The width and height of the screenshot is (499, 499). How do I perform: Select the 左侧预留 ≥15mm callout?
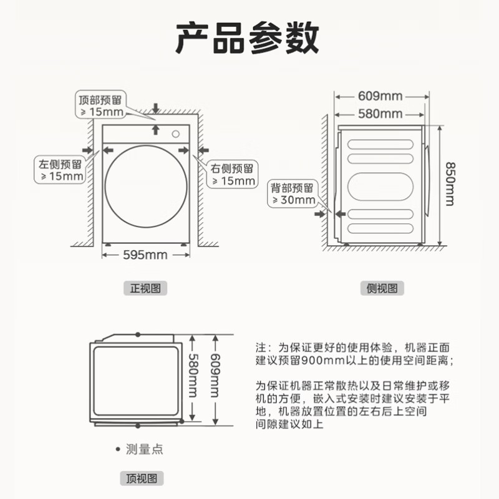coord(60,170)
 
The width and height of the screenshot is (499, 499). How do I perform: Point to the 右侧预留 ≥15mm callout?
coord(233,175)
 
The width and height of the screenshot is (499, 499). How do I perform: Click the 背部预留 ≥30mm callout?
coord(293,193)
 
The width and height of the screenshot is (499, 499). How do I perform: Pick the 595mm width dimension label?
coord(145,254)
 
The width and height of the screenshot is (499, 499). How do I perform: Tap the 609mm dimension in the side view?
coord(381,96)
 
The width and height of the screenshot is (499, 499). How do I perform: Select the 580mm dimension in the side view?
coord(381,114)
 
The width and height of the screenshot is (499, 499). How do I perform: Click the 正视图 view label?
coord(145,288)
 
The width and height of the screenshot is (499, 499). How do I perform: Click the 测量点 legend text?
coord(144,449)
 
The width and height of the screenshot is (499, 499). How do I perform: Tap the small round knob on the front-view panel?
coord(177,132)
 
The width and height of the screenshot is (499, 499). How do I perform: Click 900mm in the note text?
coord(320,361)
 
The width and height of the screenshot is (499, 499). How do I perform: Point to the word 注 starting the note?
coord(261,347)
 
